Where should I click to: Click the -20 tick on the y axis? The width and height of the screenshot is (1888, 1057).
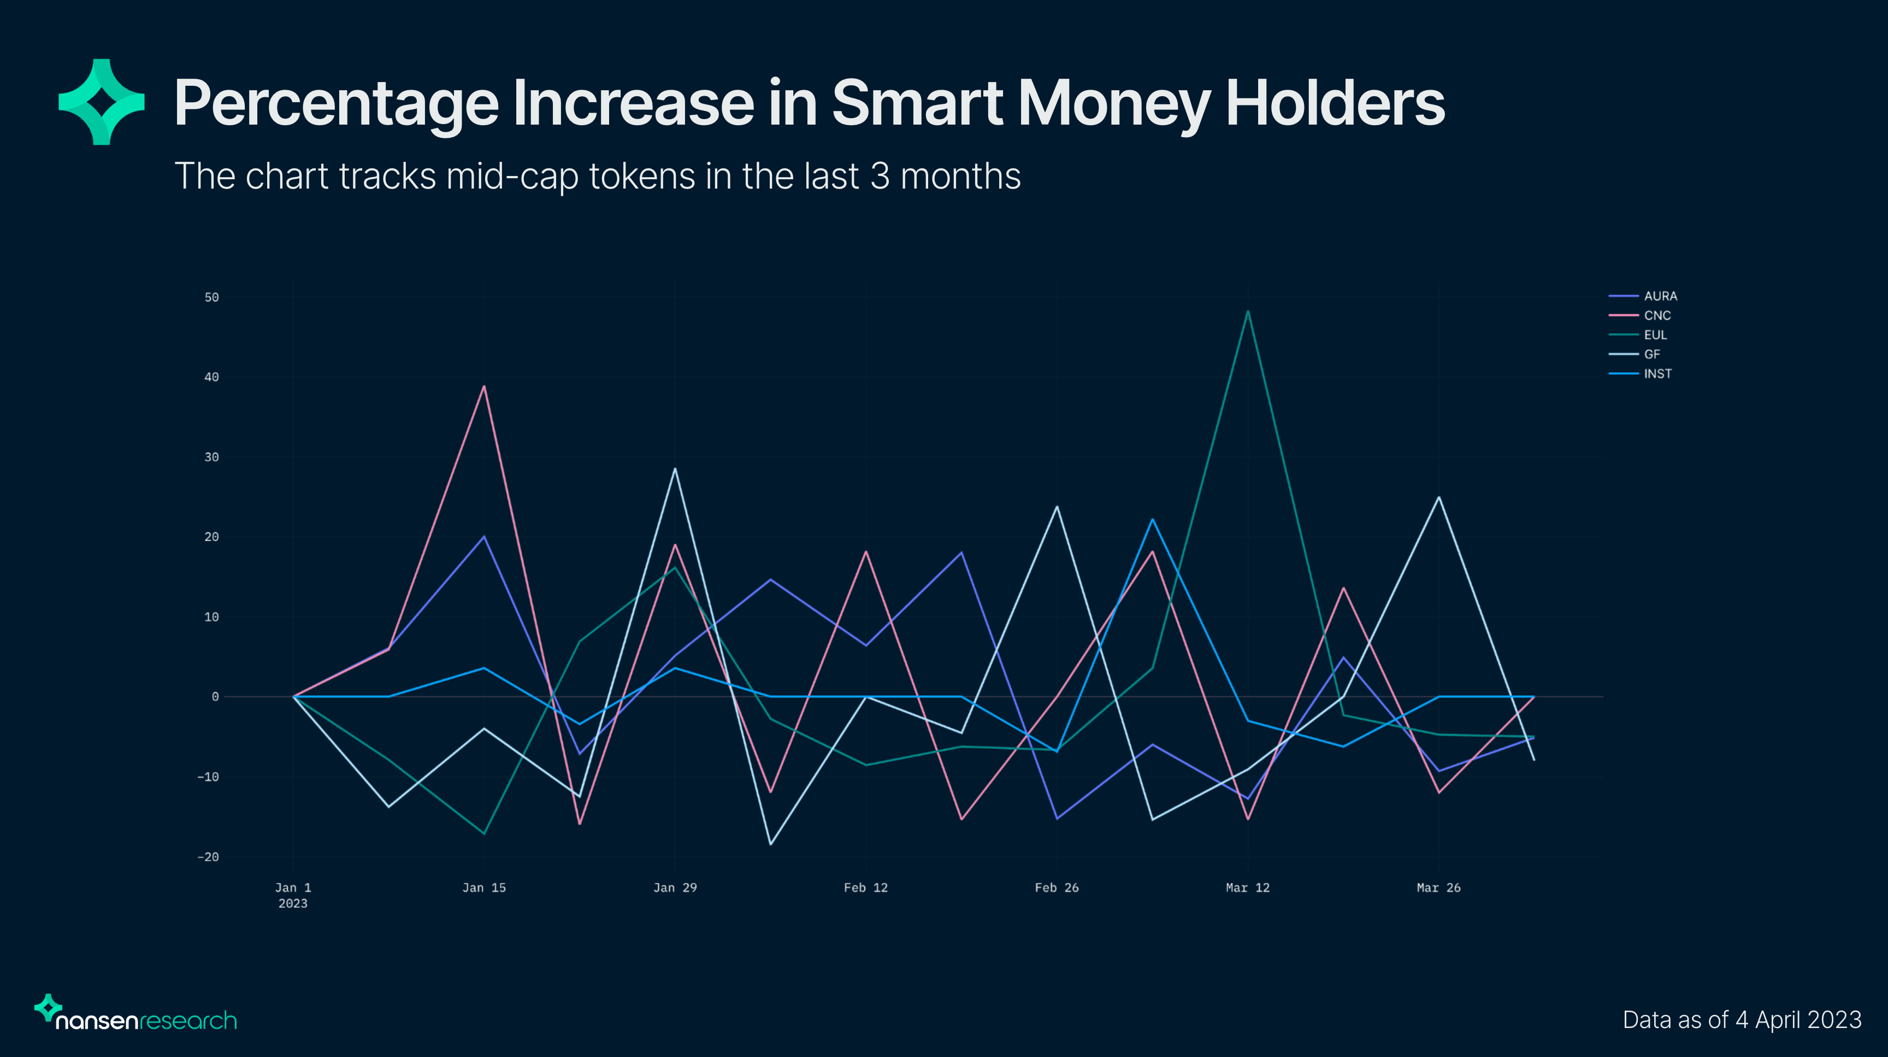point(208,857)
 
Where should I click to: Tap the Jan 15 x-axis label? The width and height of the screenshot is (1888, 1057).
point(483,888)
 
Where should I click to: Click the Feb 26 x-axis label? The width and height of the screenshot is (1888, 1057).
point(1056,888)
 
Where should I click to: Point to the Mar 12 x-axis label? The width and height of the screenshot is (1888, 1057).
point(1247,888)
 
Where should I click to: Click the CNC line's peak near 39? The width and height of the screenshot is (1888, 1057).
point(483,386)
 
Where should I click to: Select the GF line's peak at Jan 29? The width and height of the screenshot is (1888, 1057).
point(675,469)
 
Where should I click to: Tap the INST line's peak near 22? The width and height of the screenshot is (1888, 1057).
point(1152,520)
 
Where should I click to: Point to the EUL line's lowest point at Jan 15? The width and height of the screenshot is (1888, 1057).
point(483,833)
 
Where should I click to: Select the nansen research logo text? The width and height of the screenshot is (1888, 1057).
point(146,1020)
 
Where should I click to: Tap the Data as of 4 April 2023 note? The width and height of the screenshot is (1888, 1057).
point(1742,1020)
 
